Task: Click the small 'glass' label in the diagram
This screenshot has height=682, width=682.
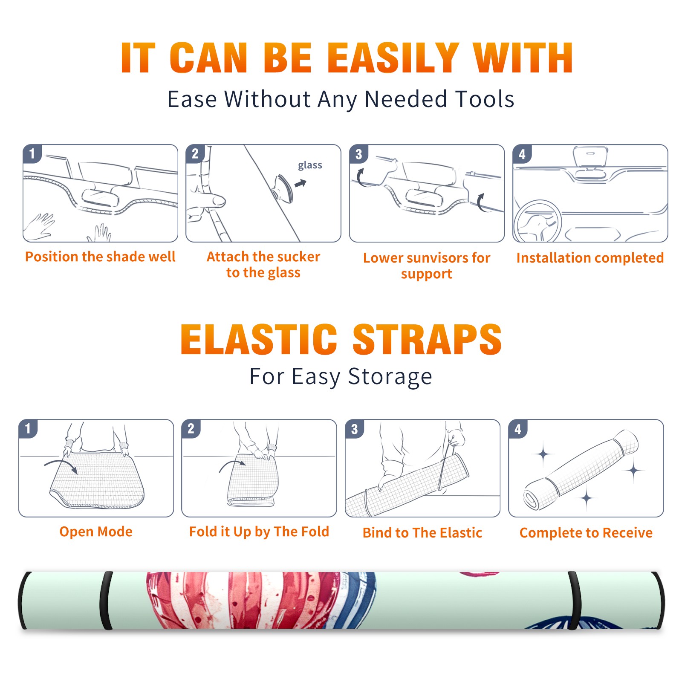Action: click(310, 165)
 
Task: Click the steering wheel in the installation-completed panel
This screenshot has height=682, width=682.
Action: click(538, 221)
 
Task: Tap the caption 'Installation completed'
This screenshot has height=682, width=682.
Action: click(590, 257)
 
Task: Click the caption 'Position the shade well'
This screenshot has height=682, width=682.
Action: click(100, 257)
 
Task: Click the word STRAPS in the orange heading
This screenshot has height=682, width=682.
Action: click(427, 339)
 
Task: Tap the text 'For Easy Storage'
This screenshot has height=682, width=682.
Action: click(341, 377)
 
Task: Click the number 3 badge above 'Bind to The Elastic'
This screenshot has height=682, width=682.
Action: click(355, 429)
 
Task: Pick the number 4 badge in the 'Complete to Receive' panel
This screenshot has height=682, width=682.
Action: click(518, 429)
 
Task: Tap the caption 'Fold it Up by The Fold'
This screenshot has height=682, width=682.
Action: click(259, 532)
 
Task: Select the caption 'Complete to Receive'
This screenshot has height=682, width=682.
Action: click(586, 533)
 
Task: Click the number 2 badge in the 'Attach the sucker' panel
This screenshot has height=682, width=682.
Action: click(195, 153)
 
